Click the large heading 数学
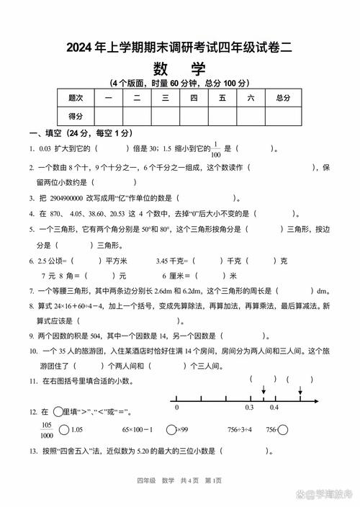pos(179,69)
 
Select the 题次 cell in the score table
pos(76,97)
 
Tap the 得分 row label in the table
pos(76,116)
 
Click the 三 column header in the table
pos(166,97)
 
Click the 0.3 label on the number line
pos(249,408)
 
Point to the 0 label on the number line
pos(176,408)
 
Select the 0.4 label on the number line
pos(274,408)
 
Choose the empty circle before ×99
pos(171,430)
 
